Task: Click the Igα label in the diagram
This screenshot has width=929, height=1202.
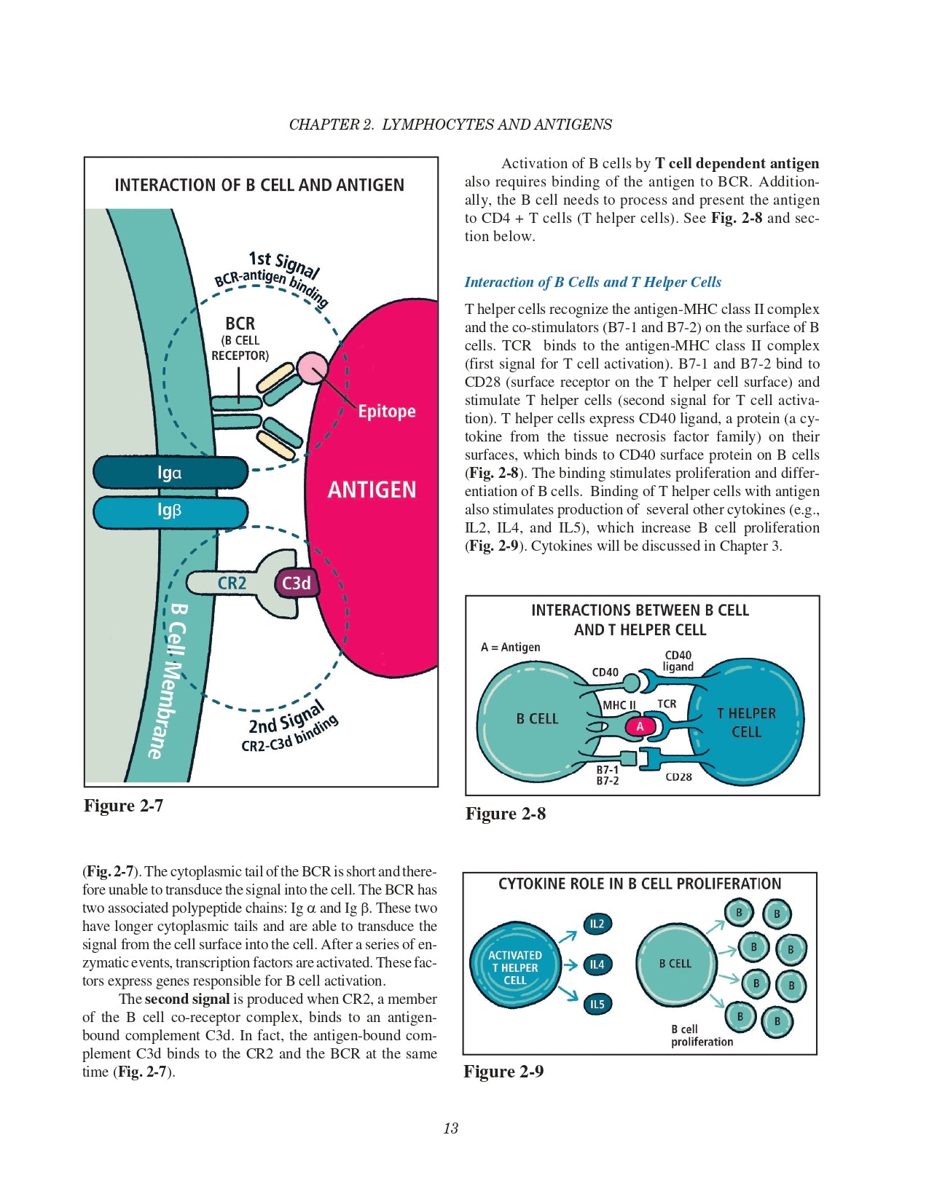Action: pyautogui.click(x=170, y=473)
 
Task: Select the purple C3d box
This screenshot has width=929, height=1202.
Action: pyautogui.click(x=297, y=584)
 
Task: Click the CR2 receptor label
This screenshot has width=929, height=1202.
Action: pyautogui.click(x=232, y=584)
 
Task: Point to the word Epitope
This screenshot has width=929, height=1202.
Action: pyautogui.click(x=386, y=412)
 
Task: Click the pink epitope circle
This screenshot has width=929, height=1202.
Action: pyautogui.click(x=313, y=368)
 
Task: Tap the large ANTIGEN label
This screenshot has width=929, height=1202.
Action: pyautogui.click(x=372, y=490)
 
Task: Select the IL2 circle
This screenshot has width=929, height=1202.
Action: pyautogui.click(x=597, y=924)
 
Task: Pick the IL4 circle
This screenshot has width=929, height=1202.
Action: pyautogui.click(x=597, y=965)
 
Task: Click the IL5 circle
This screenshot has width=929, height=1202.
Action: pyautogui.click(x=597, y=1004)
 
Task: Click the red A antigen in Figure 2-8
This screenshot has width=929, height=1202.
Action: pyautogui.click(x=640, y=726)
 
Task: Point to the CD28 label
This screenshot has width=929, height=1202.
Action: pyautogui.click(x=678, y=777)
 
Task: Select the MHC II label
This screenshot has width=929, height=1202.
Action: pyautogui.click(x=619, y=705)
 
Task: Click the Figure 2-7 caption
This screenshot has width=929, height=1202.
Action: pyautogui.click(x=123, y=806)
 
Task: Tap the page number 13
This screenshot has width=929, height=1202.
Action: pyautogui.click(x=450, y=1128)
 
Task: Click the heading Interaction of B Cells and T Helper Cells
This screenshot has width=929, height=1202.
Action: pyautogui.click(x=592, y=282)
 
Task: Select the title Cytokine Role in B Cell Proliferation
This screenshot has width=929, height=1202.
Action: pyautogui.click(x=639, y=884)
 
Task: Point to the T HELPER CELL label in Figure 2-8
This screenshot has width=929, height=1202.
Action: pyautogui.click(x=746, y=723)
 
